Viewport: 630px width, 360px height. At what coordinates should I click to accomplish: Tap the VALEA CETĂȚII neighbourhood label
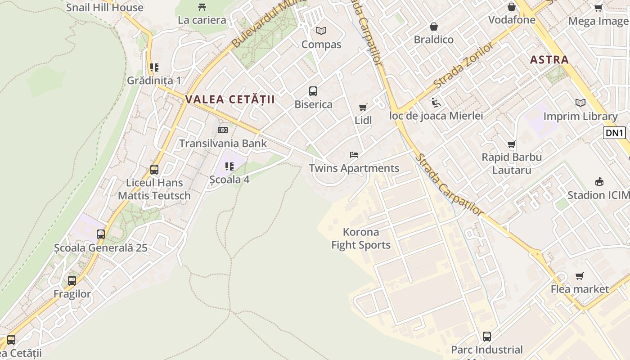pyautogui.click(x=230, y=99)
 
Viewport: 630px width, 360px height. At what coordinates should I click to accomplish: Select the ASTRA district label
pyautogui.click(x=549, y=59)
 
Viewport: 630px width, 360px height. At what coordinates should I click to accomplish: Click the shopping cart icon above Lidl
pyautogui.click(x=363, y=107)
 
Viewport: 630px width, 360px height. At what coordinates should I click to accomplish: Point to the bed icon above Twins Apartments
pyautogui.click(x=354, y=155)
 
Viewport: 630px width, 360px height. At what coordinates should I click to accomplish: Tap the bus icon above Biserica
pyautogui.click(x=313, y=91)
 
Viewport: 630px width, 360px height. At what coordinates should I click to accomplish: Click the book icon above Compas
pyautogui.click(x=321, y=31)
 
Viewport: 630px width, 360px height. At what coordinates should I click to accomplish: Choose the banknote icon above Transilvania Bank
pyautogui.click(x=223, y=130)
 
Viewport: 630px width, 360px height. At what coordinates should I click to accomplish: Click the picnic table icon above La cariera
pyautogui.click(x=202, y=7)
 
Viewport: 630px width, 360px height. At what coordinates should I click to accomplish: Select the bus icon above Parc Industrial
pyautogui.click(x=487, y=336)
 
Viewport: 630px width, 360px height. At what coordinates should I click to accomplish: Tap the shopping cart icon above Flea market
pyautogui.click(x=580, y=276)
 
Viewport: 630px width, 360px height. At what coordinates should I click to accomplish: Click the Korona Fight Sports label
pyautogui.click(x=361, y=238)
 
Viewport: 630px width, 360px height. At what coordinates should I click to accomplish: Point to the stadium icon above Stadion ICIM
pyautogui.click(x=599, y=182)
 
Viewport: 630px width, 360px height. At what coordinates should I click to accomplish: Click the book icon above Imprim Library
pyautogui.click(x=580, y=103)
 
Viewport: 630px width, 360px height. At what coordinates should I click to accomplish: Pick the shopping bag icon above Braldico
pyautogui.click(x=434, y=27)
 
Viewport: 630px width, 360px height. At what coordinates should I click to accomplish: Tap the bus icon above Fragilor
pyautogui.click(x=72, y=280)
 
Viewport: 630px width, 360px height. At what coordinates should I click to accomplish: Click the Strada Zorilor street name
pyautogui.click(x=463, y=66)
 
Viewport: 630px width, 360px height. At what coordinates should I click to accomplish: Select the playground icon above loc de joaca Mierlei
pyautogui.click(x=436, y=103)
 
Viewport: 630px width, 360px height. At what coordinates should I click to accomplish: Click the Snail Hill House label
pyautogui.click(x=105, y=7)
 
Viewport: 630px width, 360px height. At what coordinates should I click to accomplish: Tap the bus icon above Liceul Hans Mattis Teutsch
pyautogui.click(x=154, y=170)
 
